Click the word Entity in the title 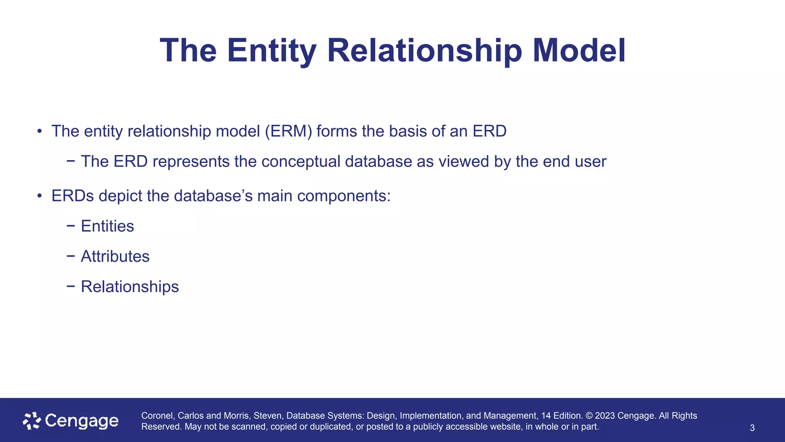pos(271,51)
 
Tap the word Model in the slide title pos(579,51)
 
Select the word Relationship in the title pos(425,51)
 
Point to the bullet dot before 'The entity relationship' pos(39,132)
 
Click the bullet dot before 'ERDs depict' pos(39,196)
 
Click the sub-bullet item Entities pos(107,226)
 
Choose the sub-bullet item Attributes pos(115,256)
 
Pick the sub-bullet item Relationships pos(130,287)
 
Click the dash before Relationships pos(71,287)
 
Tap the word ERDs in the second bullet pos(72,196)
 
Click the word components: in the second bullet pos(343,196)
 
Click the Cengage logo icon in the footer pos(32,421)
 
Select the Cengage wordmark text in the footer pos(82,421)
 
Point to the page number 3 pos(752,428)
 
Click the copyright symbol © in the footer pos(589,416)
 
